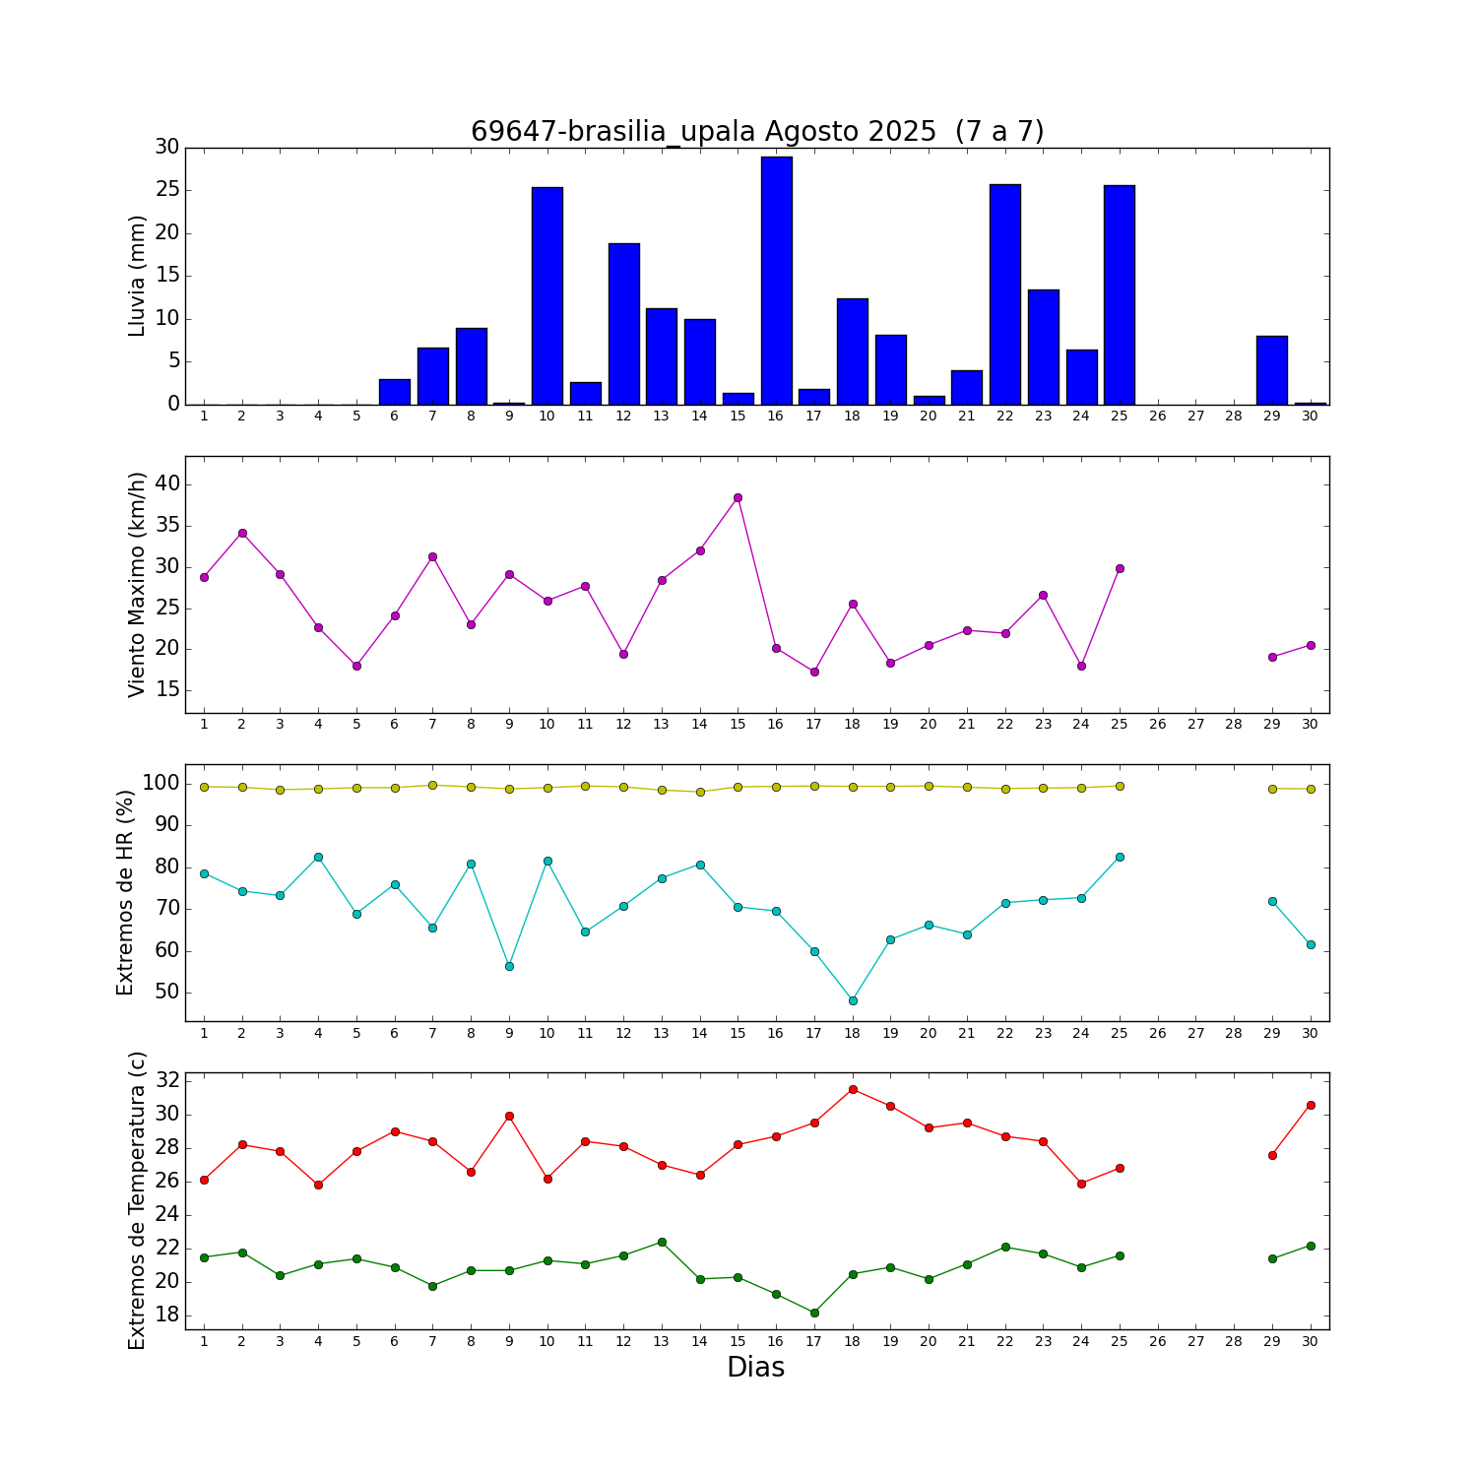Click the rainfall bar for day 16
pyautogui.click(x=776, y=281)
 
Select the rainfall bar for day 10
pyautogui.click(x=547, y=295)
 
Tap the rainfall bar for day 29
pyautogui.click(x=1272, y=370)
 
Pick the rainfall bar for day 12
pyautogui.click(x=623, y=324)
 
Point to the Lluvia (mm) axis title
pyautogui.click(x=137, y=276)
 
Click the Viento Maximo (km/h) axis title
pyautogui.click(x=137, y=585)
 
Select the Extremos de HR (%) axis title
pyautogui.click(x=125, y=892)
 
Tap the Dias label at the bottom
pyautogui.click(x=755, y=1367)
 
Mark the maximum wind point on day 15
pyautogui.click(x=738, y=497)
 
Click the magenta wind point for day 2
pyautogui.click(x=242, y=533)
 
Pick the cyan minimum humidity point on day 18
pyautogui.click(x=853, y=1000)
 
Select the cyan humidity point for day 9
pyautogui.click(x=509, y=966)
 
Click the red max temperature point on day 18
pyautogui.click(x=853, y=1089)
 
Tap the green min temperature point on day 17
pyautogui.click(x=814, y=1313)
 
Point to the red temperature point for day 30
pyautogui.click(x=1311, y=1105)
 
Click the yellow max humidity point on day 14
pyautogui.click(x=700, y=792)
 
